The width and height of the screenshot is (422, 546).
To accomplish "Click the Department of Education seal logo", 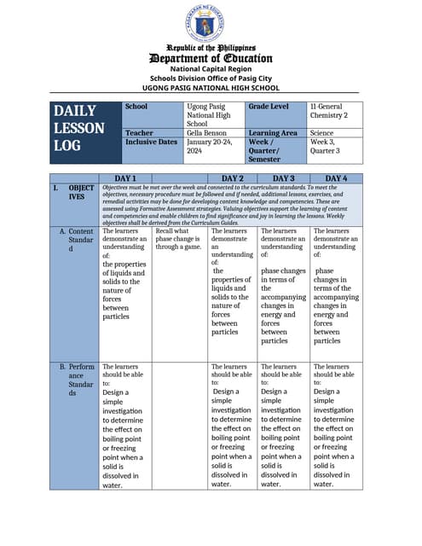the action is (210, 23).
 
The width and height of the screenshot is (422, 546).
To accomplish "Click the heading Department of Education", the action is (210, 58).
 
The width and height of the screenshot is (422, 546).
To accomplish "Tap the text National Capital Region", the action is (210, 68).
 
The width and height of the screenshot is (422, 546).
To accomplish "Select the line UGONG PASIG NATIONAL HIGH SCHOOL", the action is (210, 87).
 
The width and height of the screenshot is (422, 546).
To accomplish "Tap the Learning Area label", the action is (273, 133).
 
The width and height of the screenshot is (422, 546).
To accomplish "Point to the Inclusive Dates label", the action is (152, 142).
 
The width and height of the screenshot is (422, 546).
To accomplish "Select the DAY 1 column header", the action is (126, 177).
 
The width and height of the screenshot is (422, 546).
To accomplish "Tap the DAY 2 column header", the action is (233, 177).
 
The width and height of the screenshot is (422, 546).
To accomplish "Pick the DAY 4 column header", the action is (336, 177).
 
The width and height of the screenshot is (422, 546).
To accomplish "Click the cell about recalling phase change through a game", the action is (179, 240).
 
